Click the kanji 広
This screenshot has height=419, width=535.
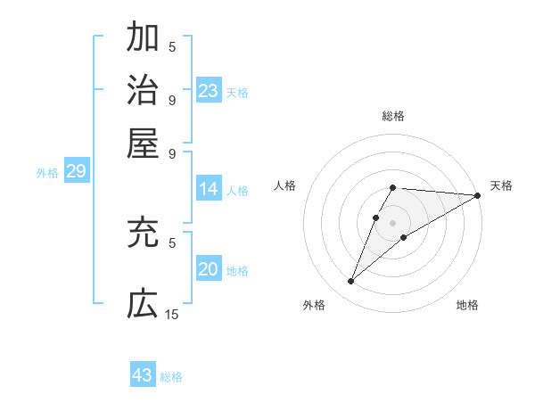(x=143, y=303)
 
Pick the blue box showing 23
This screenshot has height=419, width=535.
(x=209, y=90)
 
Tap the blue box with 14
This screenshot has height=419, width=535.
(x=209, y=189)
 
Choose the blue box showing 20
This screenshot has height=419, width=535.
(x=209, y=270)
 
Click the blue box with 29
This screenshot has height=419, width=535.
(x=76, y=172)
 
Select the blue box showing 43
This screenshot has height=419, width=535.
(x=143, y=375)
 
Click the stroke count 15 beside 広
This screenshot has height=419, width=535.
(x=172, y=314)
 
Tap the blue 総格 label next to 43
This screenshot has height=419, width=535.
(x=171, y=377)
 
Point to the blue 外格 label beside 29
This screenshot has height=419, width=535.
(x=47, y=173)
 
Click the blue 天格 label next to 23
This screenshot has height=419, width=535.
(x=237, y=92)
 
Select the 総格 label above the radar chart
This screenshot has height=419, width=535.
(x=393, y=116)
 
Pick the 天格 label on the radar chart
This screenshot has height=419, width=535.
(x=501, y=185)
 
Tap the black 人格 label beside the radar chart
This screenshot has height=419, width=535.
(x=285, y=185)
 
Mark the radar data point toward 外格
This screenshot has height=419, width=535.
(x=350, y=282)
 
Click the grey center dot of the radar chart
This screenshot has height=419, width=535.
(x=393, y=222)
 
